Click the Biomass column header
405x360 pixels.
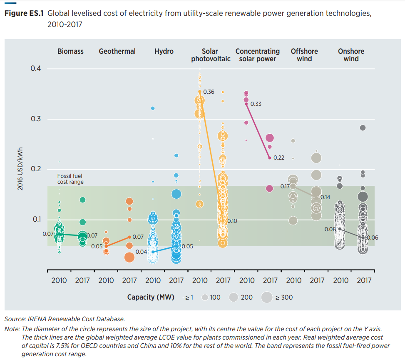(70, 51)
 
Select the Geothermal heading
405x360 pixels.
(117, 51)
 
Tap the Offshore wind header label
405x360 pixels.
(304, 55)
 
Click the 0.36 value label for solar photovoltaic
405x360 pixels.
(209, 92)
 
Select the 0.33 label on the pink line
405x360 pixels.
(256, 104)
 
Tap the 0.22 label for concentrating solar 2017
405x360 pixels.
(279, 157)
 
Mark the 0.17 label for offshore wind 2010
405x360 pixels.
(285, 186)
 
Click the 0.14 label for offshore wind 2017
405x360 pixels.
(325, 197)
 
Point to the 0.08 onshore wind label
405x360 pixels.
(330, 229)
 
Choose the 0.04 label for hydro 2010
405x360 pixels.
(142, 252)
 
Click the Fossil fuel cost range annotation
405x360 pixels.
(70, 179)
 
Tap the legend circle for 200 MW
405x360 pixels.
(234, 297)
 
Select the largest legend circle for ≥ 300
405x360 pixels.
(266, 297)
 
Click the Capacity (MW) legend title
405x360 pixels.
(153, 297)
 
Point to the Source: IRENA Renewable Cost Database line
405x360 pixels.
(65, 319)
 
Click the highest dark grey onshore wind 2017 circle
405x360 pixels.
(363, 127)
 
